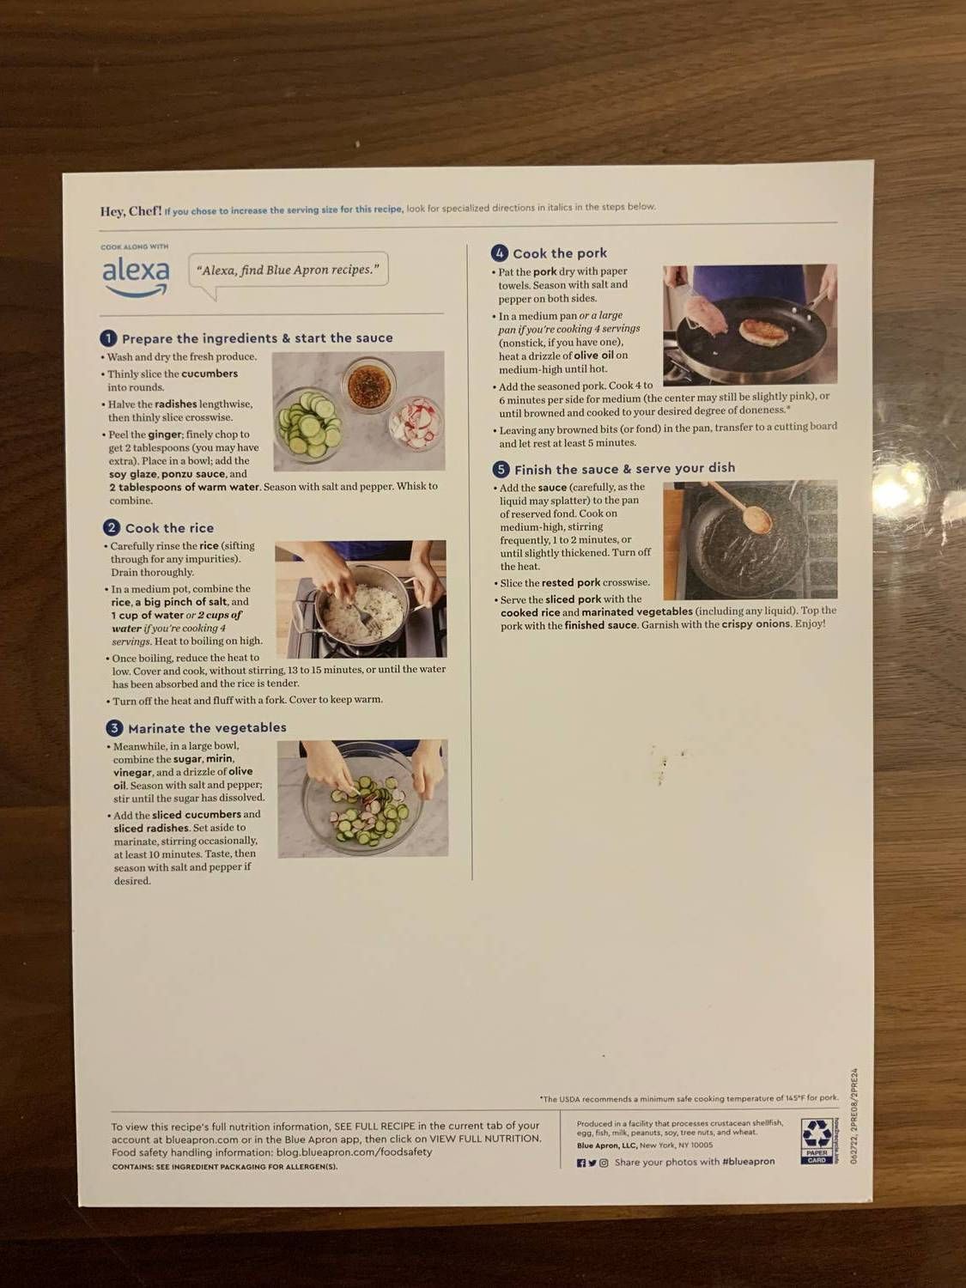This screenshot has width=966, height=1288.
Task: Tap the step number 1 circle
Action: [x=108, y=338]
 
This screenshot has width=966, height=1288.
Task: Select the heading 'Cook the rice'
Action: [x=169, y=528]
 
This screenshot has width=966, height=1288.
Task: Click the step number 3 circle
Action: [x=114, y=728]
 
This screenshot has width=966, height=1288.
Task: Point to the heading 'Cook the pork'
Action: [x=559, y=253]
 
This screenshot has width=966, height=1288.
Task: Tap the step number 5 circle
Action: [x=501, y=469]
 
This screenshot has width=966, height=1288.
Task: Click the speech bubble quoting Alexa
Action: [x=288, y=270]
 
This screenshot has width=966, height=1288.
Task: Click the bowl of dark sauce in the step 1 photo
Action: [x=369, y=383]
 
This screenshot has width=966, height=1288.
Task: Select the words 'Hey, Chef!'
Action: [x=131, y=211]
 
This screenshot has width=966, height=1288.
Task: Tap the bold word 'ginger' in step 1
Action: [x=164, y=434]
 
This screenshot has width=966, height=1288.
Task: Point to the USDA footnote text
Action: [x=689, y=1098]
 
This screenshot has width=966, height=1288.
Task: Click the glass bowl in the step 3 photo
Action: [x=362, y=799]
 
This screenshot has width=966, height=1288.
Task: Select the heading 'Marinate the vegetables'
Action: [x=207, y=728]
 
